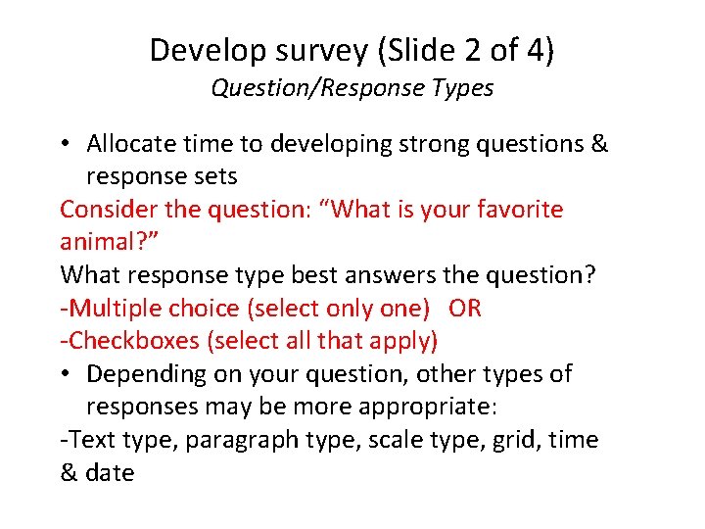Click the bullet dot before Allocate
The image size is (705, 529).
(x=64, y=145)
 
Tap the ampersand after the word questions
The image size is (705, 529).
(x=599, y=144)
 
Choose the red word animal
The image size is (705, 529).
(x=98, y=243)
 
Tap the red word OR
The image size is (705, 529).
(x=466, y=309)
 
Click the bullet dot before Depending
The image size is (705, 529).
(x=64, y=375)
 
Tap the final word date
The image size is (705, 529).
(x=111, y=472)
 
